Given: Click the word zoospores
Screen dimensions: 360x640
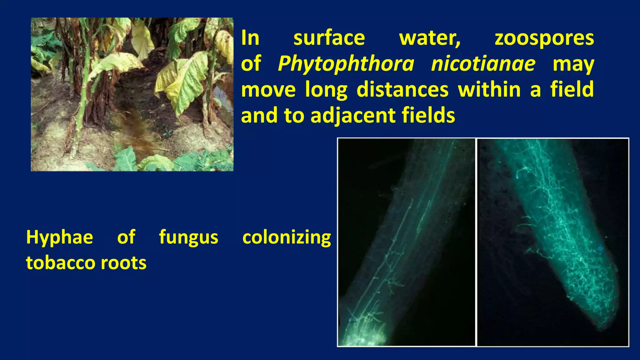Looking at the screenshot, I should (x=544, y=39).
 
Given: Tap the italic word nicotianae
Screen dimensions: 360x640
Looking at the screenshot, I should (x=483, y=64).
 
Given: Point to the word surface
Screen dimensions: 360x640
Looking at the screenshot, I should (x=329, y=38).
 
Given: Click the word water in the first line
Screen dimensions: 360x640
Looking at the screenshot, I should (x=430, y=39).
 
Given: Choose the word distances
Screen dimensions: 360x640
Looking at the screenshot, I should (x=402, y=90).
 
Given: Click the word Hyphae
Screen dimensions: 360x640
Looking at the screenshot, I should (x=60, y=238).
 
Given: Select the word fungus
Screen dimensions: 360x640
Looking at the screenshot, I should (x=188, y=238).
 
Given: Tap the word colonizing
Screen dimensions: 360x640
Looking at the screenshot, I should (x=287, y=238).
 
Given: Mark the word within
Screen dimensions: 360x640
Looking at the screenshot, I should (x=490, y=89).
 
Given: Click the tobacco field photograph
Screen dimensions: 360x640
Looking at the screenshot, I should (x=132, y=94).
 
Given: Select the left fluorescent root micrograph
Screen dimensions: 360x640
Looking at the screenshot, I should (x=406, y=242).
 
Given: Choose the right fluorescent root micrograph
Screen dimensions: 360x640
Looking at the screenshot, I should (x=553, y=242).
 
